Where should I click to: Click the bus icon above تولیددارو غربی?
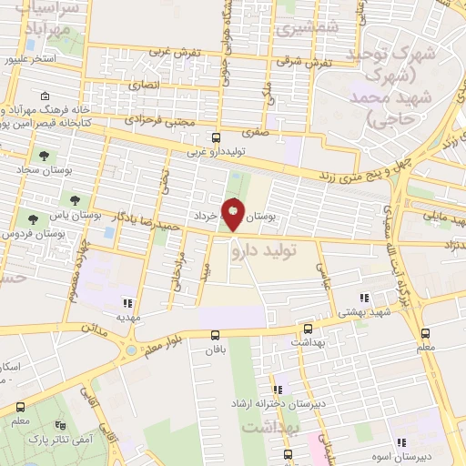pyautogui.click(x=216, y=137)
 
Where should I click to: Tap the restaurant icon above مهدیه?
pyautogui.click(x=127, y=303)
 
